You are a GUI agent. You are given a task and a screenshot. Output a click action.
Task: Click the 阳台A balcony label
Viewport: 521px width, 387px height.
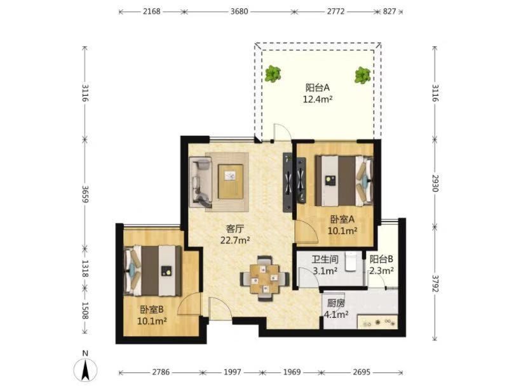[x=317, y=88]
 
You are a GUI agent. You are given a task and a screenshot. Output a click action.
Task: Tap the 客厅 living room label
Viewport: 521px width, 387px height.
[x=235, y=228]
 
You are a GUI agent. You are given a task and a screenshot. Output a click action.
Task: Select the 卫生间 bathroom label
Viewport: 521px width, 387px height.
[x=325, y=259]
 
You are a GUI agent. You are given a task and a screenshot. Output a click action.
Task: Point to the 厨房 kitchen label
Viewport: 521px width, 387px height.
[x=335, y=303]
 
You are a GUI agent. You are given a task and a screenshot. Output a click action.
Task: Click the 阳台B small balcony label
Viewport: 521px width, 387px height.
[x=381, y=259]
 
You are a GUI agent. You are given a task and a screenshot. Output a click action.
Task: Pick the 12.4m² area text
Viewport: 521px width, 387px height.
[x=318, y=99]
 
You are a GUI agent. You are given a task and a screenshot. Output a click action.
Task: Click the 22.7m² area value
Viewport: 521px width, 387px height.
[x=235, y=240]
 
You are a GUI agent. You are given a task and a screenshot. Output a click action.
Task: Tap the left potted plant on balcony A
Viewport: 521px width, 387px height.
[x=273, y=74]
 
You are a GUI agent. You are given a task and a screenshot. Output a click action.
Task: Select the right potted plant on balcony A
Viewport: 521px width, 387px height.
[x=362, y=75]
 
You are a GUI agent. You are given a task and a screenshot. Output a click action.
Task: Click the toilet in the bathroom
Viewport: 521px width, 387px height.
[x=351, y=261]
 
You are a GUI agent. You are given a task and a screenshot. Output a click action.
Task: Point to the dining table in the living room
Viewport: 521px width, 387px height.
[x=265, y=279]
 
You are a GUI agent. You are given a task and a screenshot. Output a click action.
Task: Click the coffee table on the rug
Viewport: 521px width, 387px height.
[x=230, y=181]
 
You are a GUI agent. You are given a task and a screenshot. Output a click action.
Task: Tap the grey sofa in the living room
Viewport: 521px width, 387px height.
[x=200, y=182]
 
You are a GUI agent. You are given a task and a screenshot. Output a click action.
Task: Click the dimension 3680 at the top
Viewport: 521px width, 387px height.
[x=240, y=11]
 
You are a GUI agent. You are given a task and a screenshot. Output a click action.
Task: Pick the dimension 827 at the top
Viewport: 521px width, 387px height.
[x=389, y=11]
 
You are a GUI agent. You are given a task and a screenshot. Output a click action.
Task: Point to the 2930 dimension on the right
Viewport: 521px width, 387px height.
[x=435, y=183]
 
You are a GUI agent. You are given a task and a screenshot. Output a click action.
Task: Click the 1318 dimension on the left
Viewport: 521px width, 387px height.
[x=85, y=268]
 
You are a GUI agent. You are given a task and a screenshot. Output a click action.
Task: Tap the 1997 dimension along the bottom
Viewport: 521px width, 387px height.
[x=233, y=372]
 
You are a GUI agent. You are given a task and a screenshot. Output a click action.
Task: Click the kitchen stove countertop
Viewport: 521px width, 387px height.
[x=377, y=322]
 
